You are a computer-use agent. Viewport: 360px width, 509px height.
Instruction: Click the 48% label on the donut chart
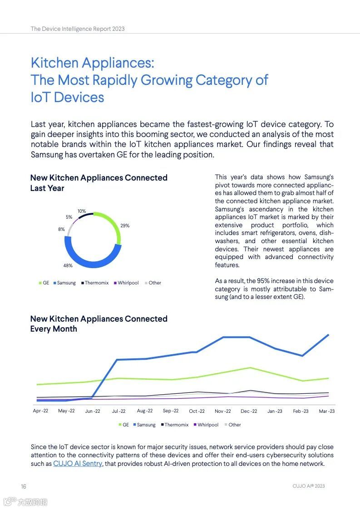pos(68,265)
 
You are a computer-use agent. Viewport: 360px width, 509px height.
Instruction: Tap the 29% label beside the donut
pos(125,225)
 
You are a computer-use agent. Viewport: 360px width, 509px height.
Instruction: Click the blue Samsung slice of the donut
pos(91,261)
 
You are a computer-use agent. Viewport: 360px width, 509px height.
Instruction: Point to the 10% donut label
pos(81,211)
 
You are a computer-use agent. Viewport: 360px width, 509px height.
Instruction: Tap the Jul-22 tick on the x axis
pos(118,411)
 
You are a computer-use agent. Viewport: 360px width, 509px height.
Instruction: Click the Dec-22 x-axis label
pos(248,411)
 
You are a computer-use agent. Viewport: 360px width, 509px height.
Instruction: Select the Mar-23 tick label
pos(326,411)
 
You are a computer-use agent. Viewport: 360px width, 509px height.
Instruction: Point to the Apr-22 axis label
pos(40,411)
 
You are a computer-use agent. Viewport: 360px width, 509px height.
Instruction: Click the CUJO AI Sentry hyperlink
pos(78,464)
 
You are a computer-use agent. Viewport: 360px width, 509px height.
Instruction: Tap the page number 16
pos(24,486)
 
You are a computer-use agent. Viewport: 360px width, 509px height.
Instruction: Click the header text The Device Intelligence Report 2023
pos(78,29)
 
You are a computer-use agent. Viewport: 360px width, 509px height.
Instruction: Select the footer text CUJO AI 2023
pos(309,486)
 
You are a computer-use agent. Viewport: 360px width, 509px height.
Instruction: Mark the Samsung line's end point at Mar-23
pos(328,335)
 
